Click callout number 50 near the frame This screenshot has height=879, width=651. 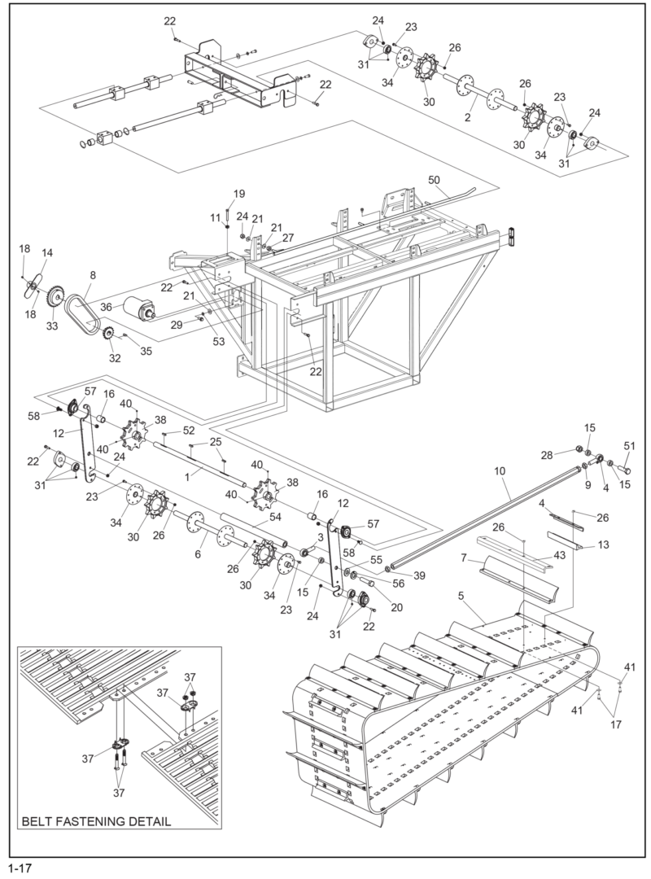pos(434,178)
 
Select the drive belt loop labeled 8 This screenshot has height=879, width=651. pos(82,300)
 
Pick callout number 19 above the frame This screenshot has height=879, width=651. pos(239,193)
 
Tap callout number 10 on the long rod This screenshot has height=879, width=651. pos(499,470)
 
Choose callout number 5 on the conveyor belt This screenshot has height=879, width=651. pos(461,596)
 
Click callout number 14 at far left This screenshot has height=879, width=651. pos(47,253)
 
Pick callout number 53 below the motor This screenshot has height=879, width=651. pos(218,341)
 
